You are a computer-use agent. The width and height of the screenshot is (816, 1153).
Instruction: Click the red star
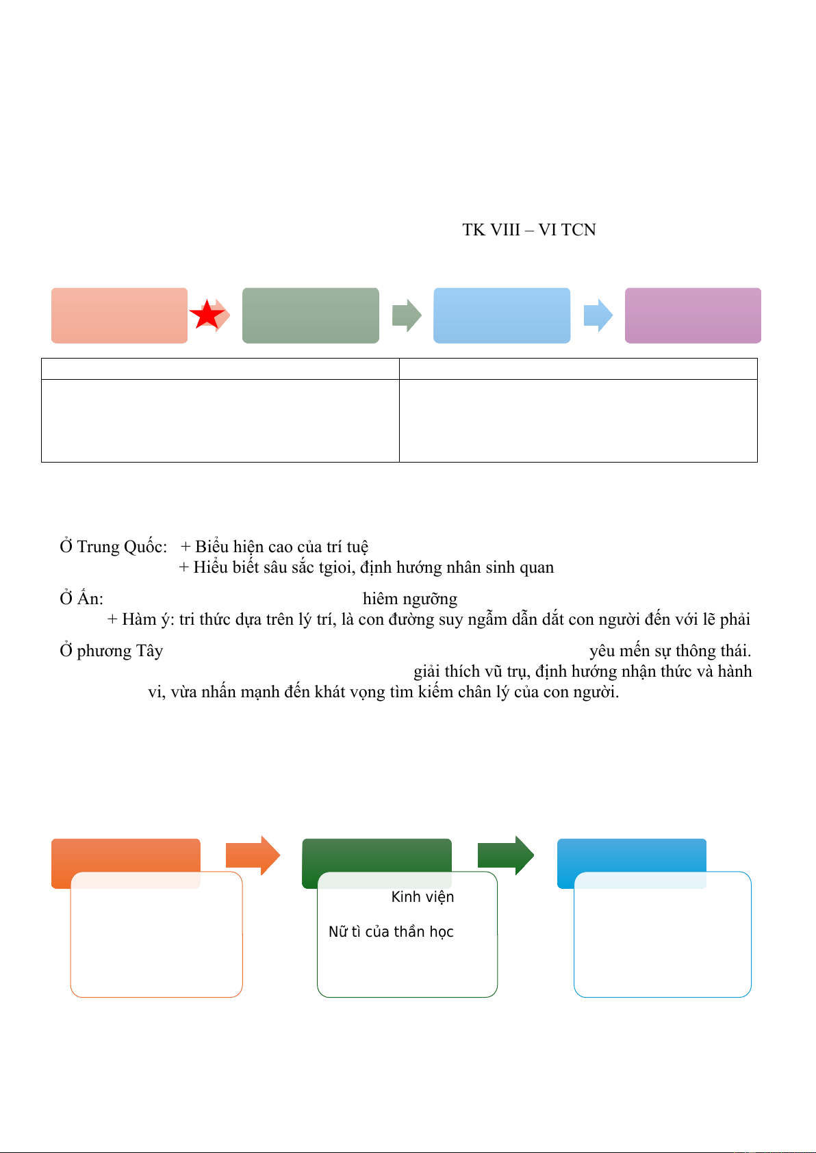[x=207, y=315]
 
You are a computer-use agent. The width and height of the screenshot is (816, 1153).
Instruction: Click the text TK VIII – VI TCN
[x=529, y=230]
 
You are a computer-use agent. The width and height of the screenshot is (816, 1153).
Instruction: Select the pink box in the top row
[x=119, y=315]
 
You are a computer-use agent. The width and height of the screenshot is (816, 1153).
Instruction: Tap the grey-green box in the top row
[x=311, y=315]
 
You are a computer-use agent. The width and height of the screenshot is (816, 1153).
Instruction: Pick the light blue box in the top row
[x=502, y=315]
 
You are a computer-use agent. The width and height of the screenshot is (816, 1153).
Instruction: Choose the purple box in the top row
[x=693, y=315]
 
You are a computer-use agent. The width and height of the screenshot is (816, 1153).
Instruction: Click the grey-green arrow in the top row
[x=407, y=315]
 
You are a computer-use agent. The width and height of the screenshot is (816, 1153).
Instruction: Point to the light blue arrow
[x=598, y=315]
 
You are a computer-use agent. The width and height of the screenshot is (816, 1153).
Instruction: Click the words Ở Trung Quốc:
[x=113, y=547]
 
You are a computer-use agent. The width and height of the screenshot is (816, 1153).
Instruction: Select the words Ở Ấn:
[x=81, y=599]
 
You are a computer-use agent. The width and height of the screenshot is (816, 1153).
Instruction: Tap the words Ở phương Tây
[x=111, y=651]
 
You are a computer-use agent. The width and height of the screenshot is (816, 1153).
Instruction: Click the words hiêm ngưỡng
[x=410, y=599]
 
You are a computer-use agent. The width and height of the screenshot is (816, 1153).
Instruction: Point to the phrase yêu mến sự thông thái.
[x=670, y=651]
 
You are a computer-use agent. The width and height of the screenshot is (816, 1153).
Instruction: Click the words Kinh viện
[x=422, y=897]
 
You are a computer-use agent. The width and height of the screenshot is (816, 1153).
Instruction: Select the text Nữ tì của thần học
[x=391, y=932]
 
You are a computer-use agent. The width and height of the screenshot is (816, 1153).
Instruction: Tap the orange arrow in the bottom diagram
[x=253, y=855]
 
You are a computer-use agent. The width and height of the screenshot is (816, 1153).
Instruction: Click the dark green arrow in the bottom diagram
[x=505, y=855]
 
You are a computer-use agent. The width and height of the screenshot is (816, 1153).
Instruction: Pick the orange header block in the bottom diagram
[x=126, y=855]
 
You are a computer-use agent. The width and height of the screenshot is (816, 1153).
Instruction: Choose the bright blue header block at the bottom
[x=631, y=855]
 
